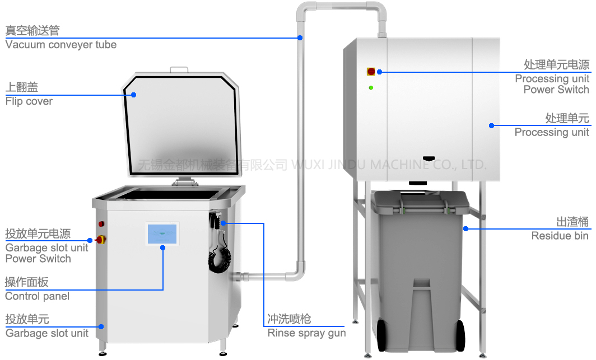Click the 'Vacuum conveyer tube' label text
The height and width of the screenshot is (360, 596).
[61, 45]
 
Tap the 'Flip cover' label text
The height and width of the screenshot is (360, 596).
[29, 101]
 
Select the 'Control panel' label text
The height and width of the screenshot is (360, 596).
[37, 296]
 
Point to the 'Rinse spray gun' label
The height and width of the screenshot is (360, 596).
[306, 333]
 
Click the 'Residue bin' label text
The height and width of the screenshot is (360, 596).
[560, 236]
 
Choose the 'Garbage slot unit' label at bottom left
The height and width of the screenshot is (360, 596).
[47, 333]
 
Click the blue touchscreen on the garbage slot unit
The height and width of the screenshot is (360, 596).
[162, 233]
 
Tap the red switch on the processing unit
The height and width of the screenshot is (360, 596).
[371, 72]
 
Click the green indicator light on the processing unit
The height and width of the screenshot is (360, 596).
[371, 87]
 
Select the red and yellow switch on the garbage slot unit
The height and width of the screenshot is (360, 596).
[101, 240]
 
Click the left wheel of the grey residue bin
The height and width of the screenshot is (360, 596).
[381, 336]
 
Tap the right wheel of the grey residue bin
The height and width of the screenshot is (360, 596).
[460, 336]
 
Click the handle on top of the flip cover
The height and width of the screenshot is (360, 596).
[179, 69]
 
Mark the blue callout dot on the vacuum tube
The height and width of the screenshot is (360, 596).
[300, 38]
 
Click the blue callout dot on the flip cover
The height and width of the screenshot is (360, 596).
[134, 95]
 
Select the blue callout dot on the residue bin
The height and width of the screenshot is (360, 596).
[465, 228]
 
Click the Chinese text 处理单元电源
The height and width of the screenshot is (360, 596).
[556, 65]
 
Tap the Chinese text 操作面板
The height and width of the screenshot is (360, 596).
[27, 282]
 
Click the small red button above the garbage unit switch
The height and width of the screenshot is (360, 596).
[101, 224]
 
